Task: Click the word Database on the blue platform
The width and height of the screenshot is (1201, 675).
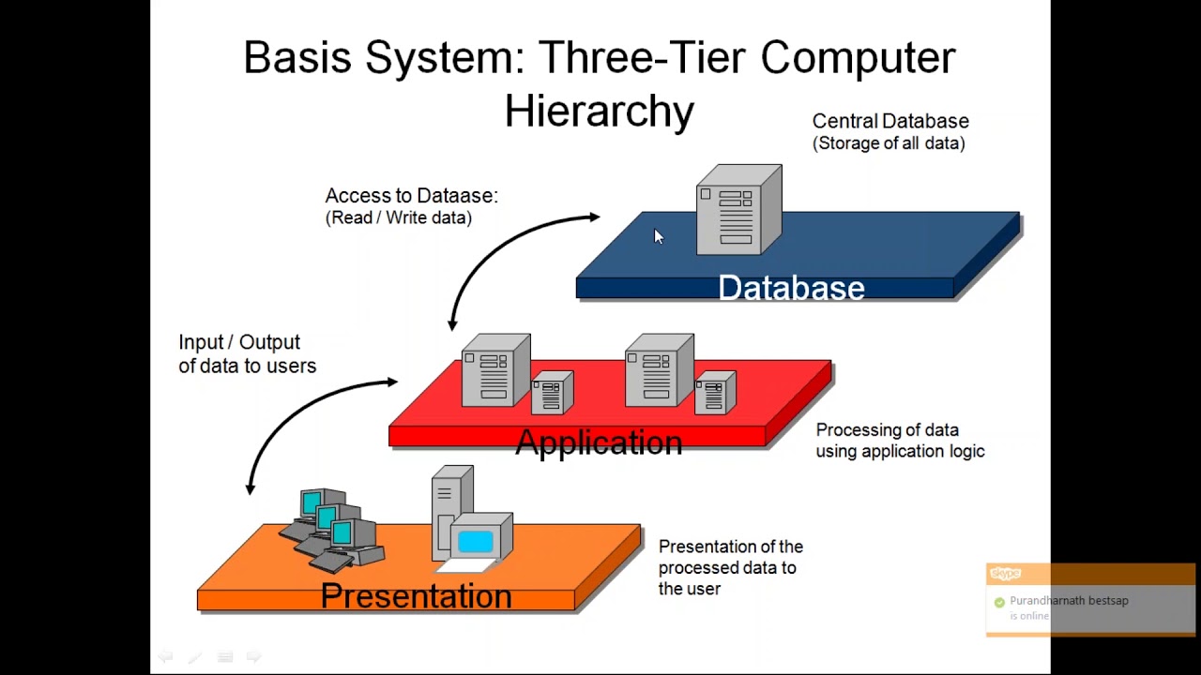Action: tap(791, 288)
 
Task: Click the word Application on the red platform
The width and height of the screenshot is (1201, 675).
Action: tap(599, 442)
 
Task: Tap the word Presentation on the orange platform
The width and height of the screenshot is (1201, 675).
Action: tap(416, 595)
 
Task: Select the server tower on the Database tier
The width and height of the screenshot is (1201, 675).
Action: tap(738, 210)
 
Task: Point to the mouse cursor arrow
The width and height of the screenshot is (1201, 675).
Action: tap(658, 236)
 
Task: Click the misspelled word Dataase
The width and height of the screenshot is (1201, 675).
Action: tap(456, 196)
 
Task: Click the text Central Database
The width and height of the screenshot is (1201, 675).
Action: tap(889, 121)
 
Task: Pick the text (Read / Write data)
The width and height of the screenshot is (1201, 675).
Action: tap(398, 217)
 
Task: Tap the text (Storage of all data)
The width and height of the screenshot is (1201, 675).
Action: tap(889, 143)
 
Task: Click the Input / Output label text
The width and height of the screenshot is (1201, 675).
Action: tap(239, 342)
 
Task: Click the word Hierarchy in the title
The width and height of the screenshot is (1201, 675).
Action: tap(599, 112)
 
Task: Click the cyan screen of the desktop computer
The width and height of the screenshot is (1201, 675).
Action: tap(476, 541)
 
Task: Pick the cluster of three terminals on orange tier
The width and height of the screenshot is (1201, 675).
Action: tap(331, 529)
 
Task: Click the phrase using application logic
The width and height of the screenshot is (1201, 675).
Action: tap(899, 452)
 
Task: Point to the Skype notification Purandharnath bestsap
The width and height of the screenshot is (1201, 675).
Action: tap(1069, 601)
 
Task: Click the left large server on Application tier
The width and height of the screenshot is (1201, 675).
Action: tap(494, 370)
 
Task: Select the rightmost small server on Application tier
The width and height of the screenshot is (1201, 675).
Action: tap(715, 392)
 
